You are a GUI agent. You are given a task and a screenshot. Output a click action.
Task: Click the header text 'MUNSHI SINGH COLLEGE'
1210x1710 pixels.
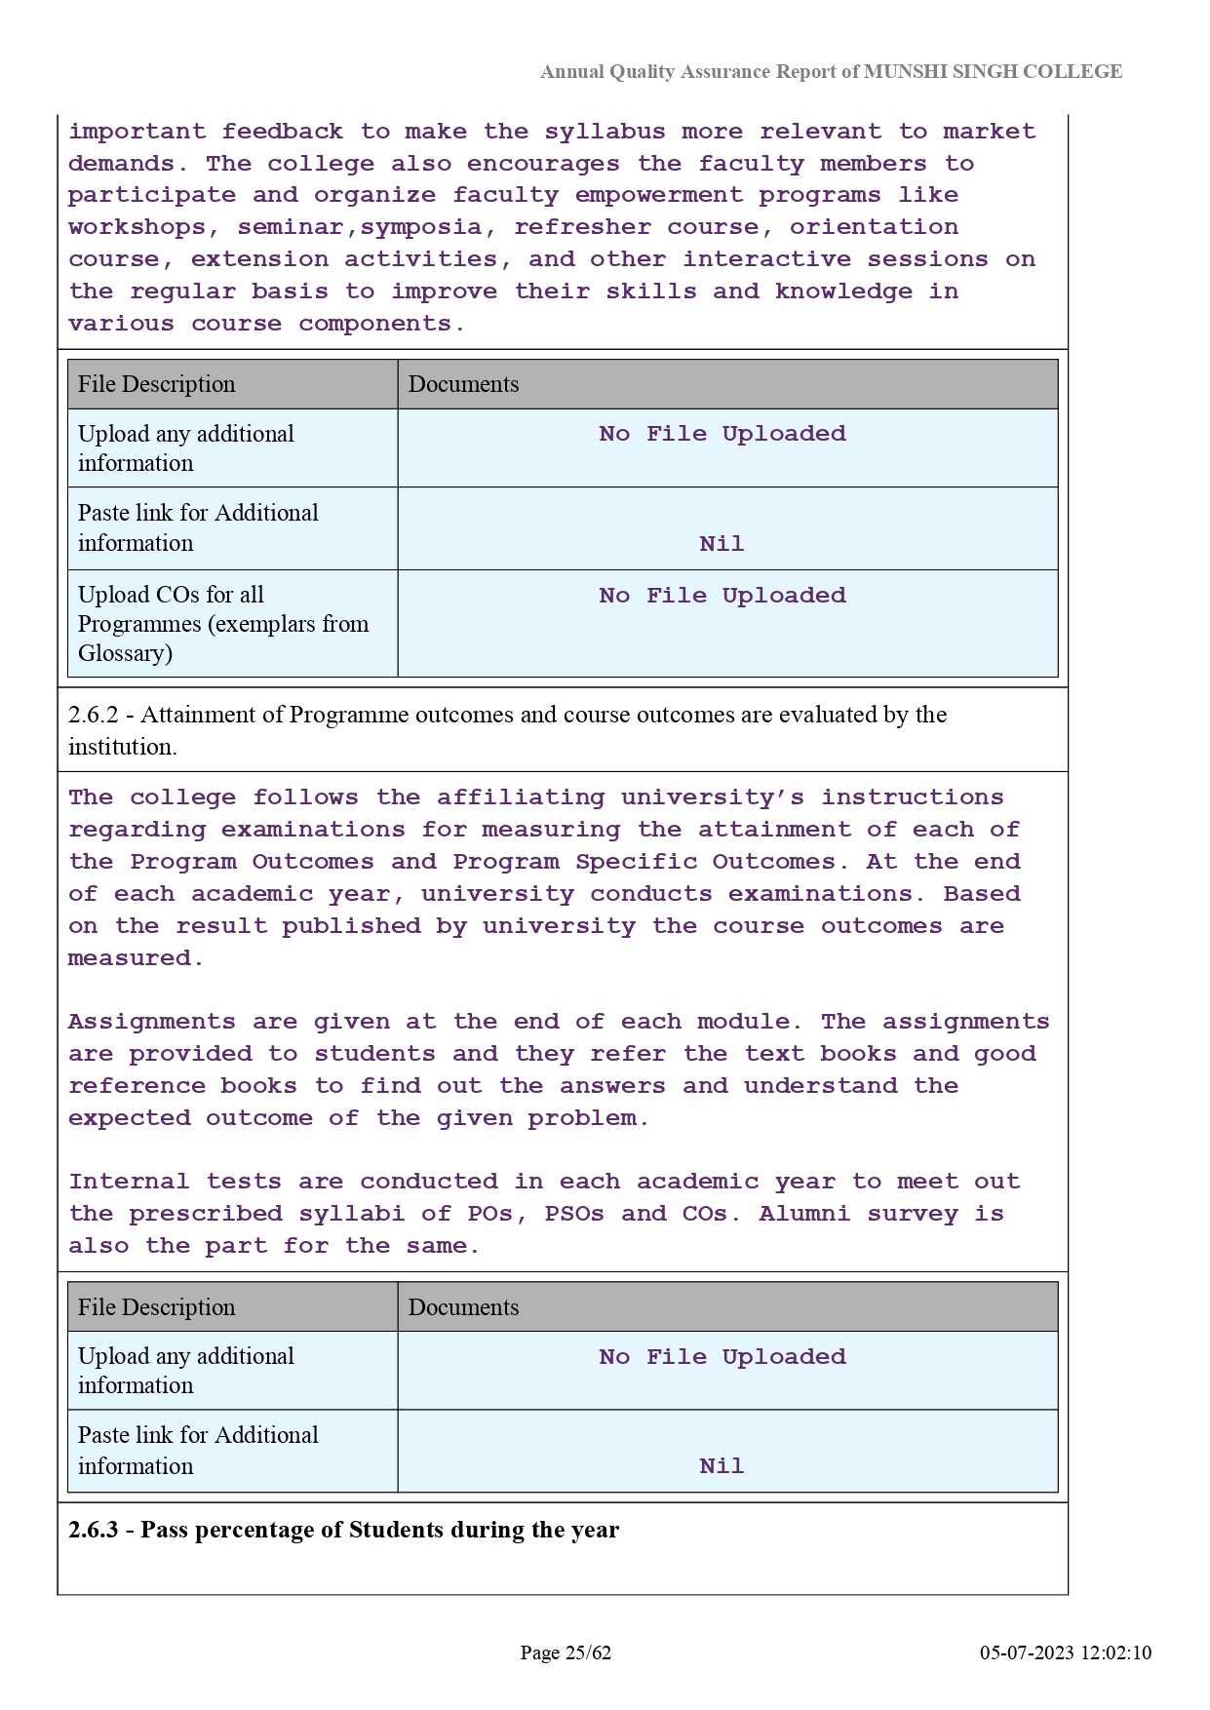tap(993, 71)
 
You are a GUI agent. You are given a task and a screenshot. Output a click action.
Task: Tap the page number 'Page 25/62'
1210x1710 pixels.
tap(566, 1652)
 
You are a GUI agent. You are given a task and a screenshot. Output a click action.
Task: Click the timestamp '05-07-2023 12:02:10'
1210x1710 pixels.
tap(1066, 1652)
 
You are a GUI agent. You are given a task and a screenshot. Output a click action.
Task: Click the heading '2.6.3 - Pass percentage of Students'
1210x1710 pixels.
tap(343, 1530)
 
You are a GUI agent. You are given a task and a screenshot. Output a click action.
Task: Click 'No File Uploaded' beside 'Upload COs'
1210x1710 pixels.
tap(722, 596)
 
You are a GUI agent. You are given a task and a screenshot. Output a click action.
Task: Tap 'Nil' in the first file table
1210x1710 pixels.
tap(722, 544)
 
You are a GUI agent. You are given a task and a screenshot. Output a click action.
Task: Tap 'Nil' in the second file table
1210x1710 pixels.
tap(722, 1466)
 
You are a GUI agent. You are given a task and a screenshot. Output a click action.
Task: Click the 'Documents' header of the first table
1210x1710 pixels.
tap(464, 384)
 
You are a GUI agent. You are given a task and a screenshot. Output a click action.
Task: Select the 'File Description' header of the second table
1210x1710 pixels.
tap(157, 1307)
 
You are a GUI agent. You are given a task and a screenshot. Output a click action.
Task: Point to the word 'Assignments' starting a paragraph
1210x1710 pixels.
tap(151, 1022)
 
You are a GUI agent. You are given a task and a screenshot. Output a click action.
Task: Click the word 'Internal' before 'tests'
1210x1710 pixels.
tap(129, 1182)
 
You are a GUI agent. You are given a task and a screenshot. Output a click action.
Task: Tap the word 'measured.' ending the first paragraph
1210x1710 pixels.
tap(136, 958)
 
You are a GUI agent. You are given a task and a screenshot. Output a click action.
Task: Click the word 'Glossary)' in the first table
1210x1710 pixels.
tap(126, 653)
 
